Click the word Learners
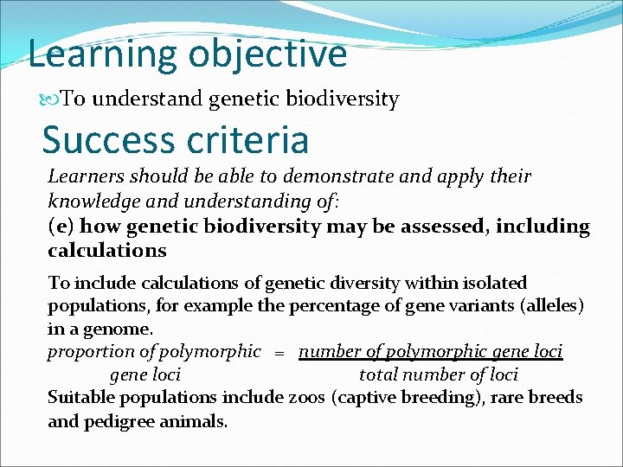tap(85, 176)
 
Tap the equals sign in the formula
tap(279, 353)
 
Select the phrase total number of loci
tap(438, 375)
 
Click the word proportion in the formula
tap(90, 352)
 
